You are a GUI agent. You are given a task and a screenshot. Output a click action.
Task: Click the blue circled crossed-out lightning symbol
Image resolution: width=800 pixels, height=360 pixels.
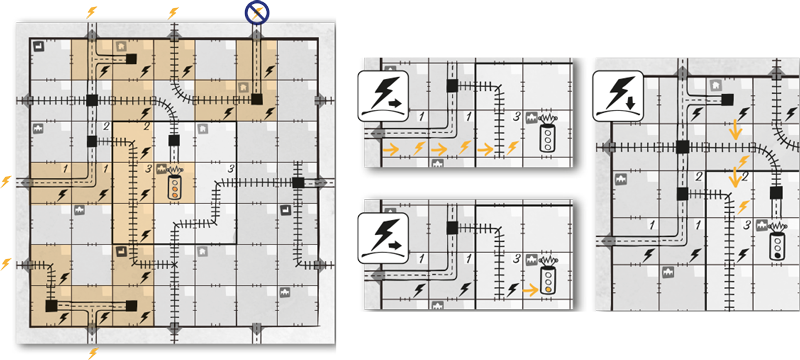coord(258,12)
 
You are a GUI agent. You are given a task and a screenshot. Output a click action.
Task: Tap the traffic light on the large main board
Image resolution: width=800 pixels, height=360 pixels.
coord(176,187)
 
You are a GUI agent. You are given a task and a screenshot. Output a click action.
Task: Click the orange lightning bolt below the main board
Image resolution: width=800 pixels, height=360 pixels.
coord(94,353)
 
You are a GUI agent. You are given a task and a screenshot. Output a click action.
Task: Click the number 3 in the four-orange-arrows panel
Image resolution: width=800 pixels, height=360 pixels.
coord(515,118)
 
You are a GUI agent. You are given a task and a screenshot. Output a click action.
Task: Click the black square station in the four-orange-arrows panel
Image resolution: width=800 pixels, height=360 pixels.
coord(452,86)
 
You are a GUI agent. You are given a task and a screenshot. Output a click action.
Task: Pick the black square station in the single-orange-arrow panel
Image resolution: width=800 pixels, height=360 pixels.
coord(452,229)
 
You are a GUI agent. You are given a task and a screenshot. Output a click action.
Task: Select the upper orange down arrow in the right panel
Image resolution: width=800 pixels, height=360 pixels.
coord(736,128)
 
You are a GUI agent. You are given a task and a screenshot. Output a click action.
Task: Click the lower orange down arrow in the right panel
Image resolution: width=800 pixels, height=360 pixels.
coord(736,178)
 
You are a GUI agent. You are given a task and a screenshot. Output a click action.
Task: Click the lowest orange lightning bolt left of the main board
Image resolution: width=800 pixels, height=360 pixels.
coord(8,263)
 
